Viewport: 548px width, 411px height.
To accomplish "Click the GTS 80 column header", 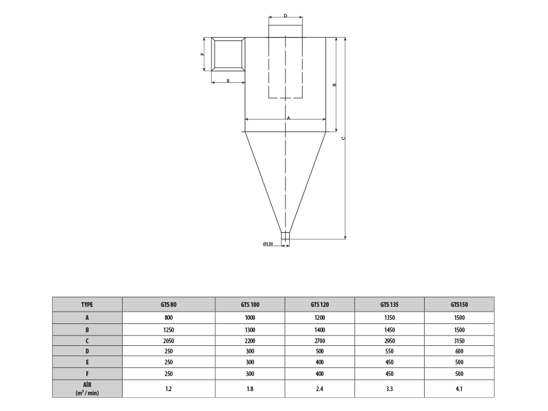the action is point(169,304).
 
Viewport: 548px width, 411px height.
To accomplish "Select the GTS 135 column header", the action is point(389,304).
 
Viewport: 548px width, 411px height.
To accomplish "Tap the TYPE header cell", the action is point(87,304).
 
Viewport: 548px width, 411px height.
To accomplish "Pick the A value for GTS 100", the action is point(250,318).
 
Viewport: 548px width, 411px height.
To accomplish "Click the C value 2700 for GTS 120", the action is point(319,340).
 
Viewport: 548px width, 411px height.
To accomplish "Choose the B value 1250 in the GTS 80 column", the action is point(169,330).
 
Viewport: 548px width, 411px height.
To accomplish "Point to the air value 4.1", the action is point(459,388).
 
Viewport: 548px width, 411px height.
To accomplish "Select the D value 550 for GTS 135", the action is point(389,351).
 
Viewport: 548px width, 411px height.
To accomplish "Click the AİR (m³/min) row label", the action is point(87,388).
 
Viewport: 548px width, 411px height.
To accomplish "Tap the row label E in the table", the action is point(87,362).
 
